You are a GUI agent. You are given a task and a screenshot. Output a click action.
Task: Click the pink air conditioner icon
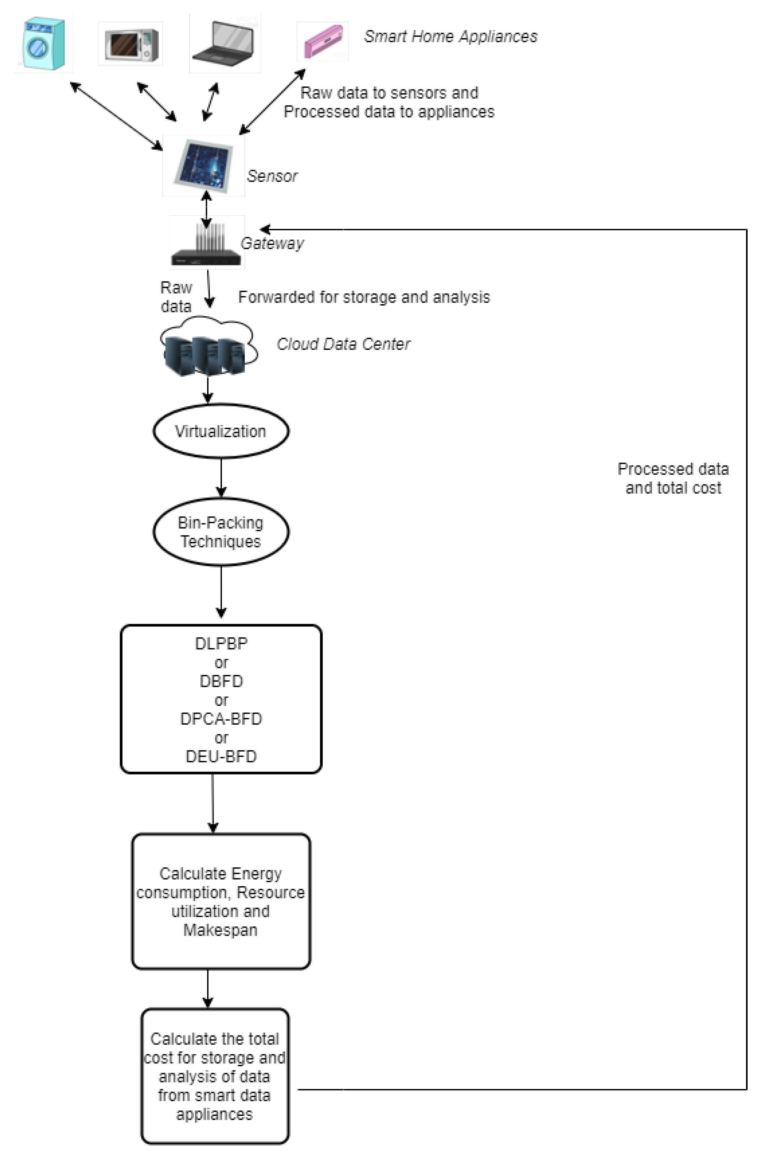tap(323, 41)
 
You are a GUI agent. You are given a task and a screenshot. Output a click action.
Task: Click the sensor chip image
tap(203, 165)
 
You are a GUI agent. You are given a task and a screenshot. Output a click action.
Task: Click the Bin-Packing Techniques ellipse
tap(221, 532)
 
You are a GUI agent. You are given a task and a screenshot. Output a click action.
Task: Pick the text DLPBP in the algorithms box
tap(221, 644)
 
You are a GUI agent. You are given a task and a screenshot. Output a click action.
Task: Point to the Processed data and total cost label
tap(673, 478)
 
